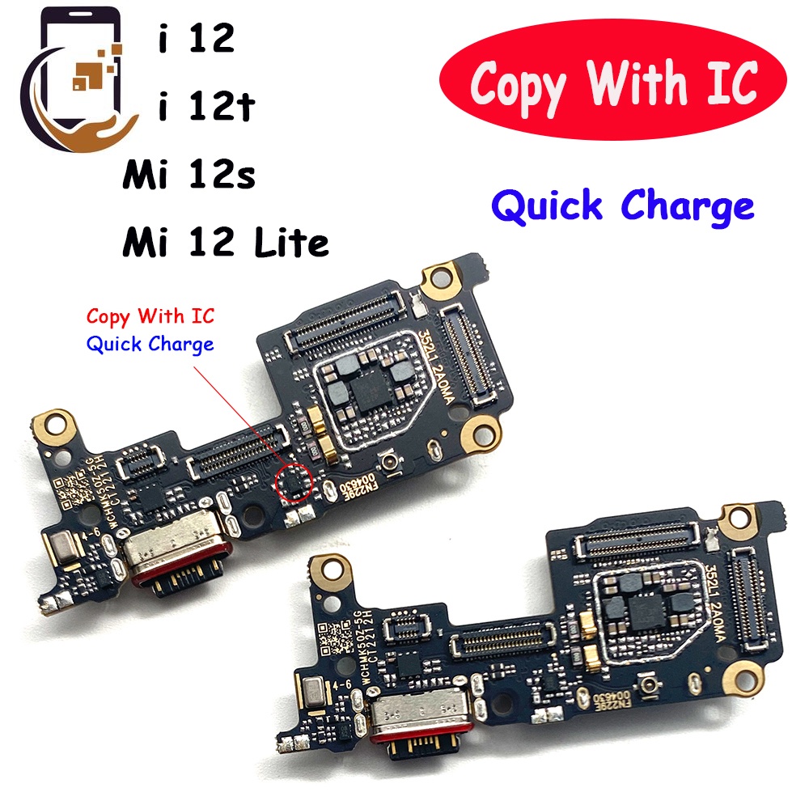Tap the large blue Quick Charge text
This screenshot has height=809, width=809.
[x=623, y=206]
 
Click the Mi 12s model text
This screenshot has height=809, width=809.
[x=188, y=176]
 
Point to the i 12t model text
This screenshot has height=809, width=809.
[x=207, y=108]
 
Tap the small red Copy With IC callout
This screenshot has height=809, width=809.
[x=150, y=316]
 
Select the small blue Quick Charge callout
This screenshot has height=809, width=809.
[x=150, y=344]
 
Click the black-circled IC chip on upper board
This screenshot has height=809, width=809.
[x=292, y=483]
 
